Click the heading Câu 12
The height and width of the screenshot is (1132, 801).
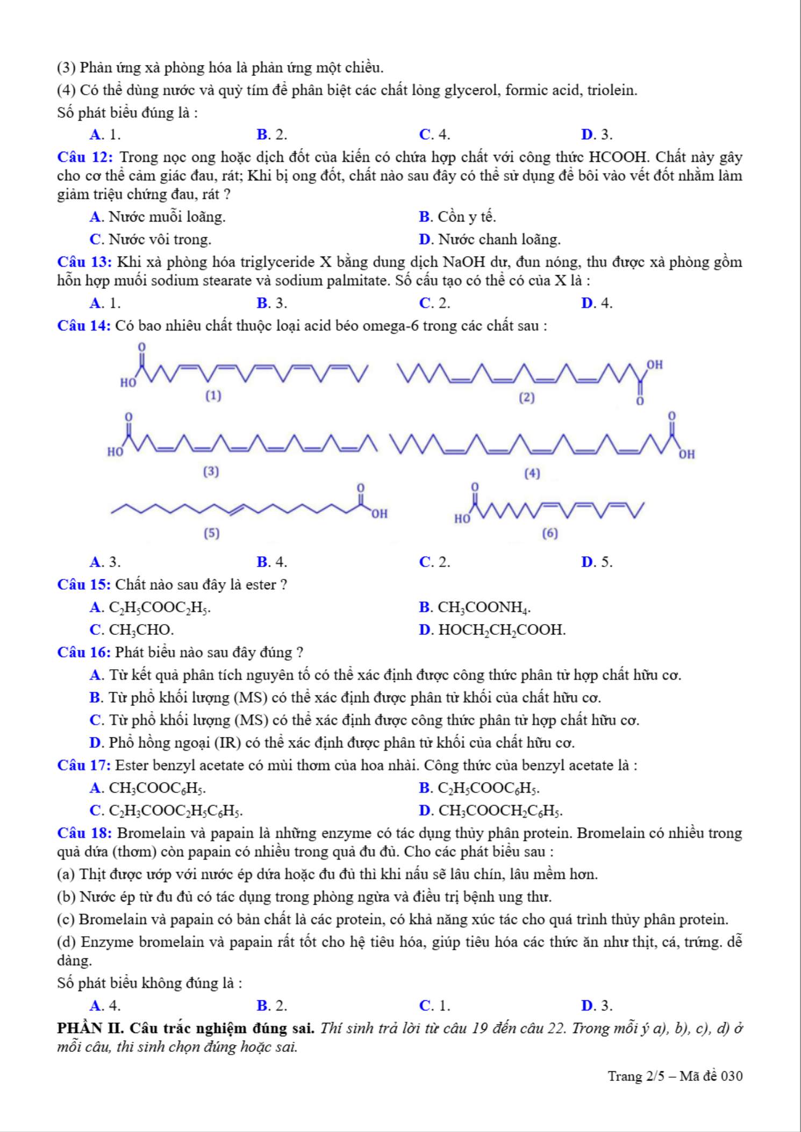pos(85,157)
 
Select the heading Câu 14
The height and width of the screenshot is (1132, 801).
pos(84,326)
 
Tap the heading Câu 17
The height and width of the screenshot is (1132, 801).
pos(84,765)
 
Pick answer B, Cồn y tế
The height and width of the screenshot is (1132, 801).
pos(457,217)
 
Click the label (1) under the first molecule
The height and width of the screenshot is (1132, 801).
pos(213,396)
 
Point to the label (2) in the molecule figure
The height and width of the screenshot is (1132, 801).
pos(527,398)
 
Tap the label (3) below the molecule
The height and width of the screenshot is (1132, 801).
pos(211,472)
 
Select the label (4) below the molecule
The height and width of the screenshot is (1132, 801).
pos(532,474)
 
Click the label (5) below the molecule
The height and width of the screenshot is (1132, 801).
pos(212,533)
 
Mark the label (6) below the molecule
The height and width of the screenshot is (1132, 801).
pos(550,533)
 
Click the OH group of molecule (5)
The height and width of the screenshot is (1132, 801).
pos(379,514)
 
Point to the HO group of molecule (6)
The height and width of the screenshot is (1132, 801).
pos(462,519)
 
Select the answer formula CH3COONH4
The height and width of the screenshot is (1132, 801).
pos(484,607)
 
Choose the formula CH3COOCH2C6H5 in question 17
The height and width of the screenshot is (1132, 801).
pos(500,811)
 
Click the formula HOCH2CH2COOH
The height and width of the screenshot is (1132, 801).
pos(502,630)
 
